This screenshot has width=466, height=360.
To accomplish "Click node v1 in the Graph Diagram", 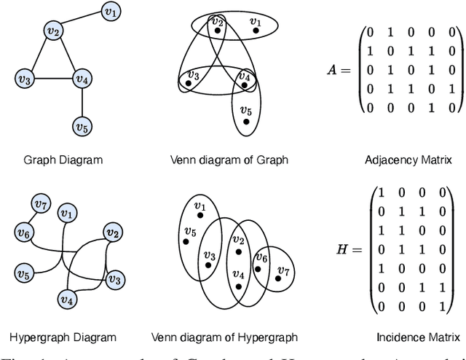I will pyautogui.click(x=111, y=12).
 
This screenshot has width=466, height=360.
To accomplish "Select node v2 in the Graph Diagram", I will pyautogui.click(x=52, y=31).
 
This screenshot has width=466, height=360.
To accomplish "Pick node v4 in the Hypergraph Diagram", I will pyautogui.click(x=68, y=299).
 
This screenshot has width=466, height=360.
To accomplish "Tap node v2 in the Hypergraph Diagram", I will pyautogui.click(x=112, y=233).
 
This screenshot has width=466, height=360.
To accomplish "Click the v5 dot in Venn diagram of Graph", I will pyautogui.click(x=246, y=121).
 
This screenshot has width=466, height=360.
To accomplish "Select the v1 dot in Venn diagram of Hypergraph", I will pyautogui.click(x=196, y=215).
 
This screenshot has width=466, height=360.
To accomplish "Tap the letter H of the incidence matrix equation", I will pyautogui.click(x=340, y=249).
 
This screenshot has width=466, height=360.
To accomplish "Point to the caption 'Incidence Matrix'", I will pyautogui.click(x=418, y=337).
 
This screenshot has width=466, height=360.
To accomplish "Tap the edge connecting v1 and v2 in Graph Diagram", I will pyautogui.click(x=82, y=21).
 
